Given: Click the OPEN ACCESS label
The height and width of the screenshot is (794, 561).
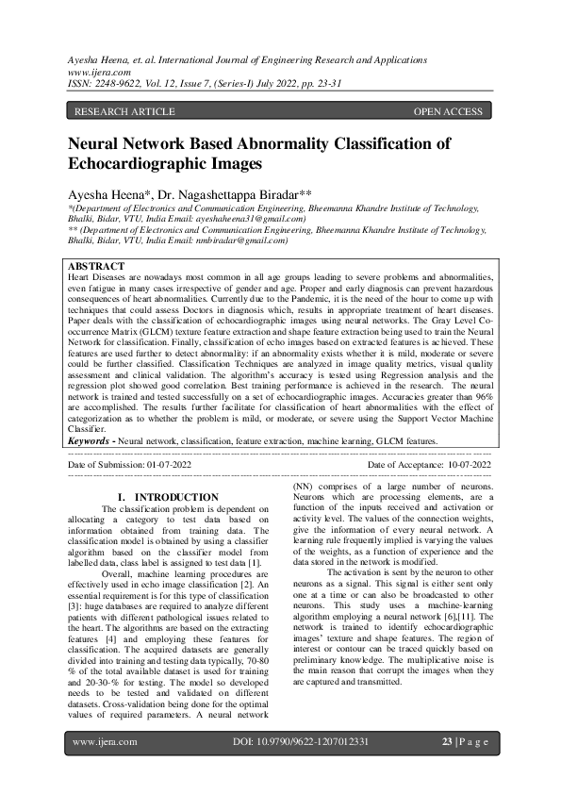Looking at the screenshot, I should [448, 112].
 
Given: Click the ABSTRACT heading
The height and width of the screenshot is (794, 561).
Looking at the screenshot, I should [97, 268].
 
